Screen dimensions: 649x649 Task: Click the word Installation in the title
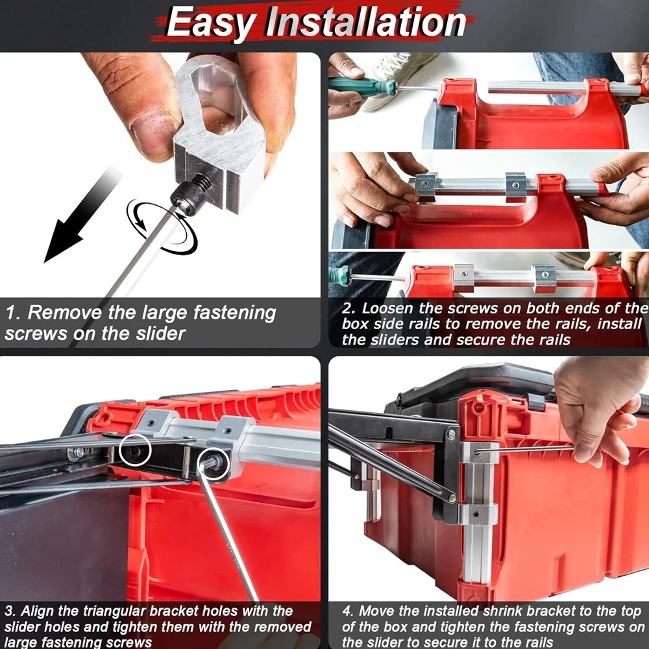[367, 23]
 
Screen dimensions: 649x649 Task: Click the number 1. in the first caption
[12, 313]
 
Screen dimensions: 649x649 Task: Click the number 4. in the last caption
[348, 611]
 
